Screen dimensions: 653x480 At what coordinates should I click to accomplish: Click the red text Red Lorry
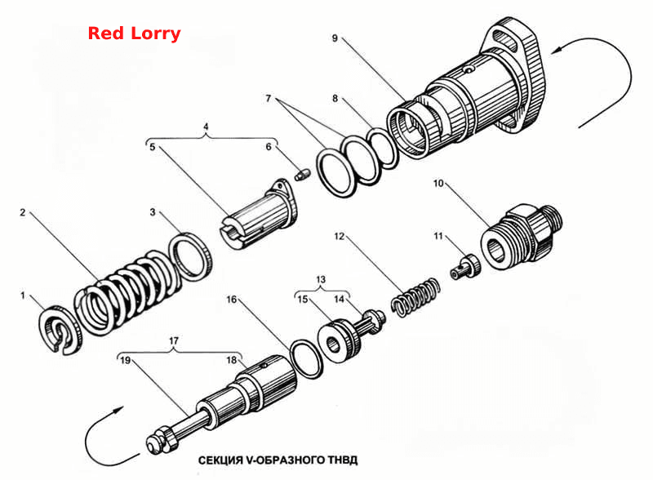click(x=134, y=33)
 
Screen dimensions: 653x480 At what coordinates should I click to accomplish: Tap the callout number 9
click(x=335, y=38)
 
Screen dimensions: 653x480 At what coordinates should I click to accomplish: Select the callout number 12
click(x=340, y=236)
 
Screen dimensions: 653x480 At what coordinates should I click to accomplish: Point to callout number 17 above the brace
click(x=174, y=340)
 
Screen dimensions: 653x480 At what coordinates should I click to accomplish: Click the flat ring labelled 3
click(x=191, y=256)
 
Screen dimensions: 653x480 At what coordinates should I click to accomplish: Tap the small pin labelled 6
click(x=301, y=174)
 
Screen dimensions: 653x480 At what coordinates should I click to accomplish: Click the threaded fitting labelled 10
click(x=522, y=235)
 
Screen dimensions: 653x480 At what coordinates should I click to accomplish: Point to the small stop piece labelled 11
click(x=465, y=267)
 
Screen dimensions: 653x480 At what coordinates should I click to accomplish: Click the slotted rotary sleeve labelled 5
click(x=259, y=215)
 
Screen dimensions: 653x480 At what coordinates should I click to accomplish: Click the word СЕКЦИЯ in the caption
click(x=220, y=460)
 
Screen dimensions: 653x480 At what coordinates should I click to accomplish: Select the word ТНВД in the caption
click(x=342, y=460)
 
